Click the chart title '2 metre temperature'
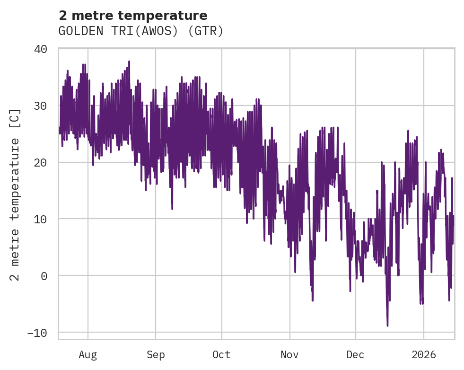[133, 16]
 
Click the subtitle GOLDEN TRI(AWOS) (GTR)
[140, 31]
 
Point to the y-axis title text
[15, 194]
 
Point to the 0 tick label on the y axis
[44, 276]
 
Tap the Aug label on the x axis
[88, 355]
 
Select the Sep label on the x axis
[155, 355]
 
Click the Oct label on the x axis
[221, 355]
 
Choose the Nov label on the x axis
[289, 355]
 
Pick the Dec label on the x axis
[355, 355]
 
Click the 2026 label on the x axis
[423, 355]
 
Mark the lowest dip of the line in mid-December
[387, 326]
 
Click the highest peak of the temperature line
[129, 61]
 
